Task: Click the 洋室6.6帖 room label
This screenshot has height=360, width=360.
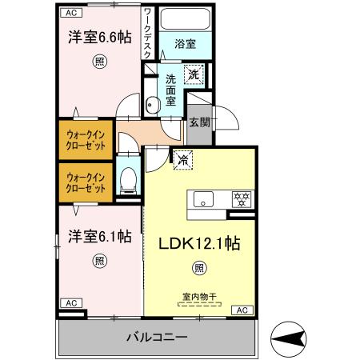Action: (98, 37)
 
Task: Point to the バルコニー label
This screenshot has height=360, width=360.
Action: (157, 337)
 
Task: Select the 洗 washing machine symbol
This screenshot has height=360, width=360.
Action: (195, 74)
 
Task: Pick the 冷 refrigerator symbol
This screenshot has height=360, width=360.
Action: (182, 159)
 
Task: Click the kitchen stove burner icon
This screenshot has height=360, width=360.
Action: (238, 198)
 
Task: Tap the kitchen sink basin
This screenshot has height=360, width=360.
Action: (202, 199)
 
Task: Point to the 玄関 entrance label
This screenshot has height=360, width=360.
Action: (199, 122)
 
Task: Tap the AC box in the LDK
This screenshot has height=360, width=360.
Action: (242, 309)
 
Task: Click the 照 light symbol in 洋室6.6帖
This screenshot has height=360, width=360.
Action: (98, 61)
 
